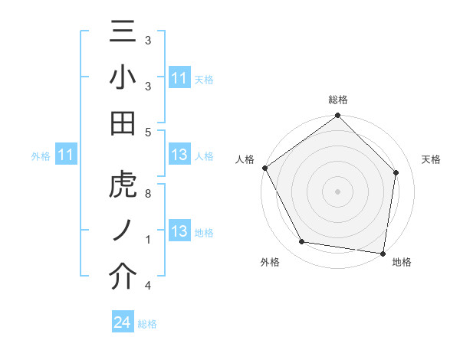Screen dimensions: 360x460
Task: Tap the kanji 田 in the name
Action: pyautogui.click(x=123, y=123)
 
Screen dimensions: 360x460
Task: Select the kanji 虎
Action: pyautogui.click(x=123, y=186)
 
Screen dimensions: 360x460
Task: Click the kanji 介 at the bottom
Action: pyautogui.click(x=123, y=278)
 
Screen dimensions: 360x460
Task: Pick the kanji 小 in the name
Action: pyautogui.click(x=123, y=80)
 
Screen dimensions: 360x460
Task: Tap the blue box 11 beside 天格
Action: pyautogui.click(x=179, y=78)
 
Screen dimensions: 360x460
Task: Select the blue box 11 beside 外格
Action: pyautogui.click(x=66, y=155)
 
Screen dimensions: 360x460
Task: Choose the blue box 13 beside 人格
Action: pyautogui.click(x=179, y=155)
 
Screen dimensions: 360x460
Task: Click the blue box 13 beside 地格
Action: pyautogui.click(x=179, y=232)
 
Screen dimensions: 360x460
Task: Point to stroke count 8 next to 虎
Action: pyautogui.click(x=147, y=194)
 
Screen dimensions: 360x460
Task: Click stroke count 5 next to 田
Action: pyautogui.click(x=147, y=132)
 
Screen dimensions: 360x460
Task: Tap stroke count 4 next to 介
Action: pyautogui.click(x=147, y=286)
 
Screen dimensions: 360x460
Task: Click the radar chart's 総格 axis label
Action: pyautogui.click(x=338, y=100)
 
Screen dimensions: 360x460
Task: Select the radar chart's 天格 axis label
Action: pyautogui.click(x=432, y=159)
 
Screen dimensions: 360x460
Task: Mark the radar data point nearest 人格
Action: pyautogui.click(x=265, y=168)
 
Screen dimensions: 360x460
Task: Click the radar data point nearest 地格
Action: pyautogui.click(x=383, y=252)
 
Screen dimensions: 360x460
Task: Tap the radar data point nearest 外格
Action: pyautogui.click(x=302, y=242)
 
